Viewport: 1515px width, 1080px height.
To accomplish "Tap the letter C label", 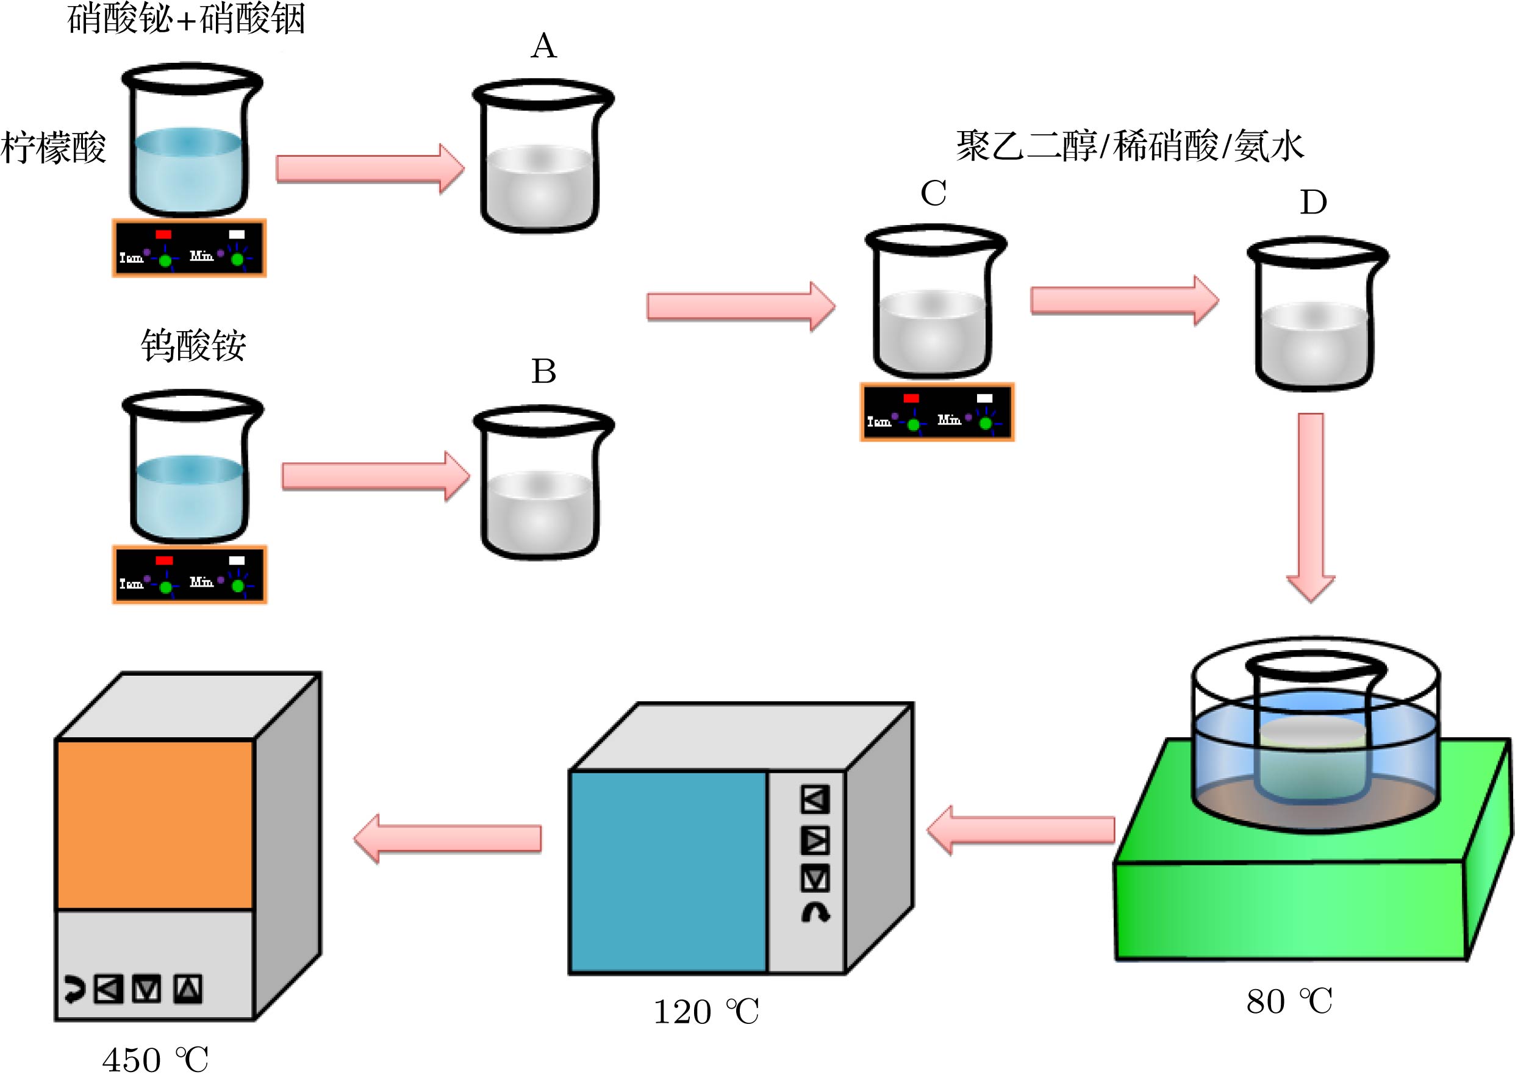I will click(x=933, y=193).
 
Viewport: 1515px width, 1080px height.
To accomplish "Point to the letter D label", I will click(x=1313, y=202).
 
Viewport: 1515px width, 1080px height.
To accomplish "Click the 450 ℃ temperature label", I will click(x=155, y=1059).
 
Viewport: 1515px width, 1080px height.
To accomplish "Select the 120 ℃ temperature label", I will click(x=706, y=1012).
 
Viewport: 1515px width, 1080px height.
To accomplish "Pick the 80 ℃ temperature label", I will click(x=1288, y=1001).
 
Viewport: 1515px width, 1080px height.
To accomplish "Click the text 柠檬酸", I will click(x=53, y=148).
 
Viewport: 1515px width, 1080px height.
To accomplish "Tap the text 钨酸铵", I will click(x=193, y=345).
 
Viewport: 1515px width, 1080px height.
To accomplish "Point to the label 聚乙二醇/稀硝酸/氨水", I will click(x=1130, y=146).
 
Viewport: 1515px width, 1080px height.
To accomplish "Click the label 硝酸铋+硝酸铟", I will click(x=186, y=19).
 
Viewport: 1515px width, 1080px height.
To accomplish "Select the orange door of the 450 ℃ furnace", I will click(x=154, y=824).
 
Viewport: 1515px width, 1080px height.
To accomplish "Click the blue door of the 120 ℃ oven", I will click(x=668, y=871).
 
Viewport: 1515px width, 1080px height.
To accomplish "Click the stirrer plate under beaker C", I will click(x=937, y=412).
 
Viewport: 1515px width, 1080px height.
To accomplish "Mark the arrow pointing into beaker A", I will click(x=370, y=169).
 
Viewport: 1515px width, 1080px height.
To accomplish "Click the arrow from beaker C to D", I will click(x=1124, y=301).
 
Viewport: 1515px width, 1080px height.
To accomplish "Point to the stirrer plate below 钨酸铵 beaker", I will click(x=190, y=574).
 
